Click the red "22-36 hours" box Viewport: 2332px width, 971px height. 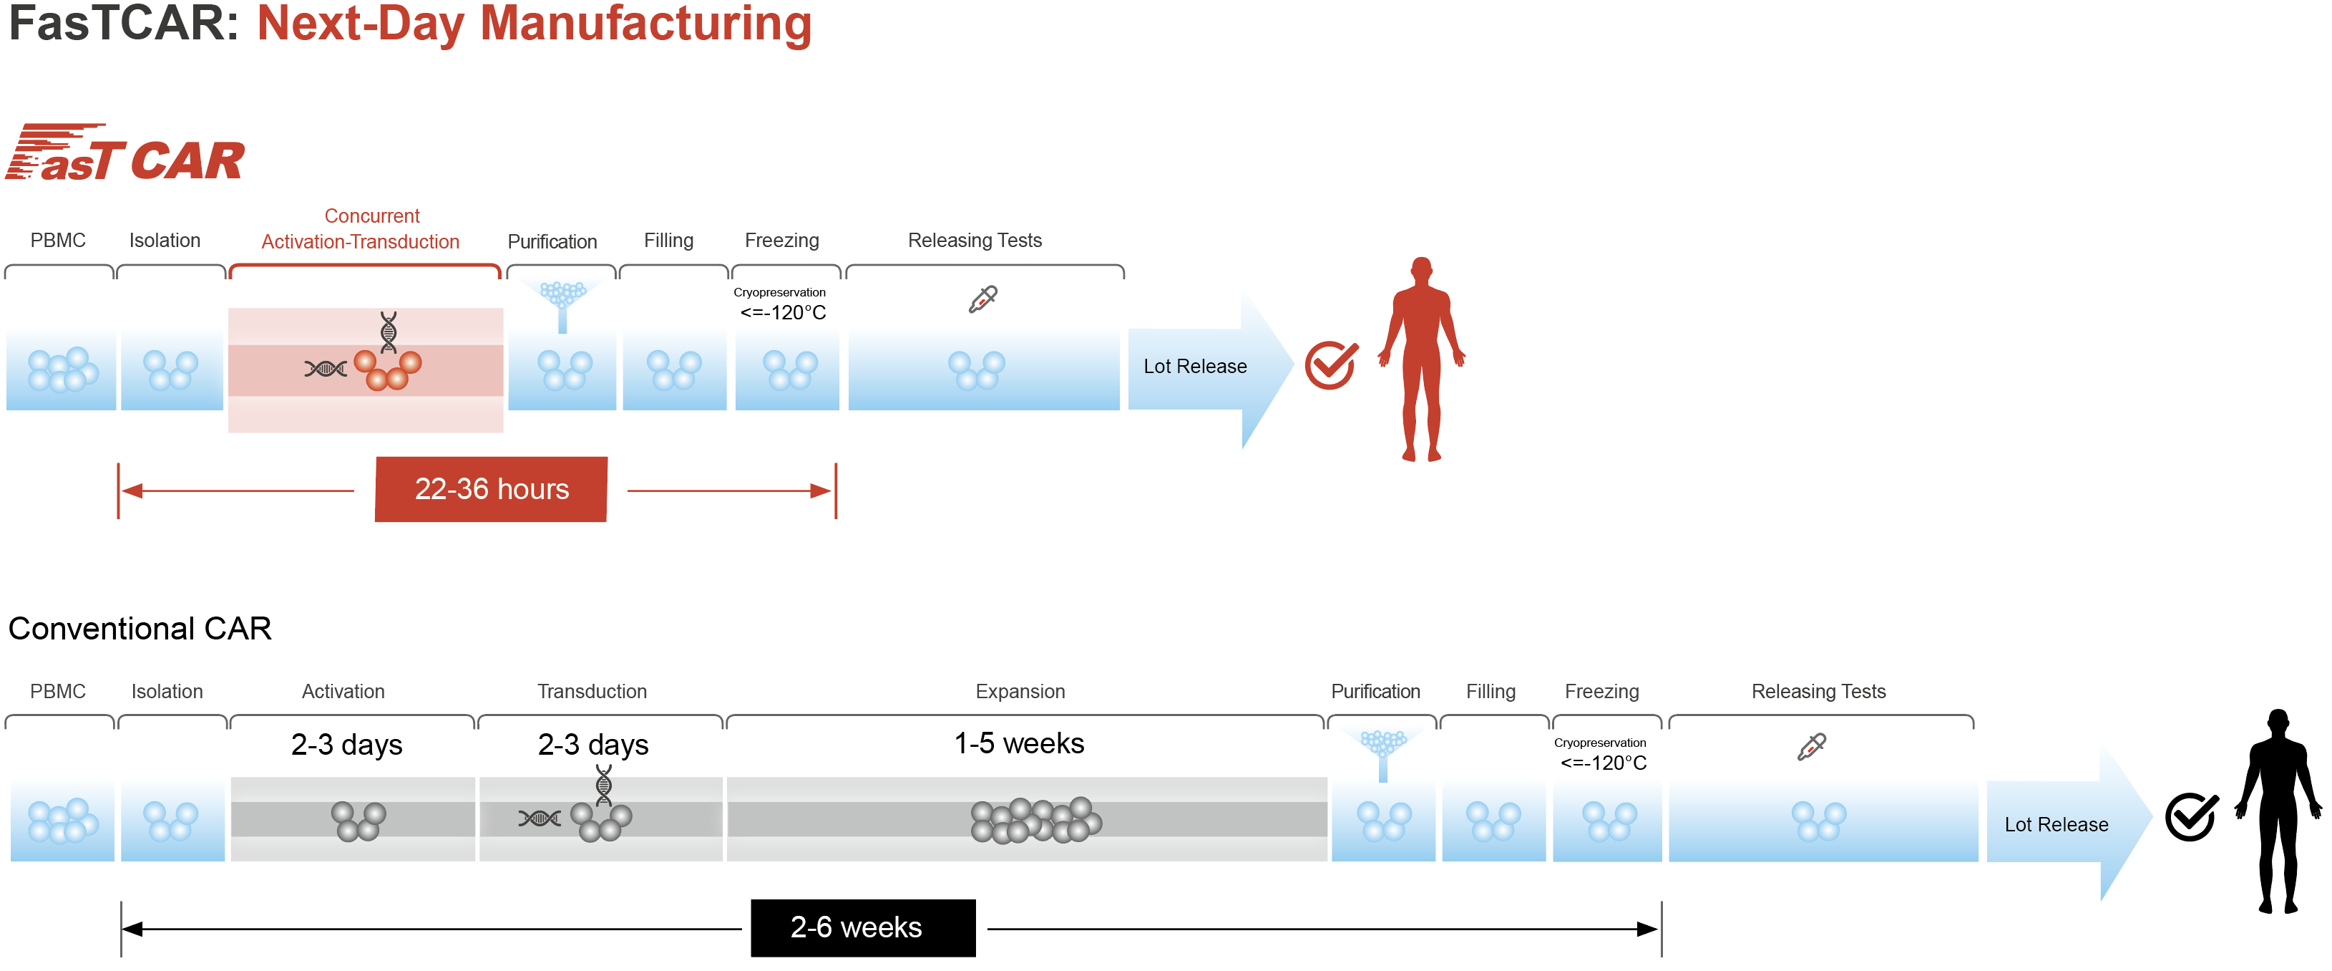[x=491, y=489]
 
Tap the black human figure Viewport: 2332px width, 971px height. [x=2278, y=811]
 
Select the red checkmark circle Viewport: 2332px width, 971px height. [x=1330, y=365]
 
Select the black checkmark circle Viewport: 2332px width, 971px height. [x=2191, y=816]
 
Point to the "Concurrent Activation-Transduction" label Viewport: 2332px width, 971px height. [x=361, y=229]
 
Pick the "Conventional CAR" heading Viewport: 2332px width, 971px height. [x=140, y=629]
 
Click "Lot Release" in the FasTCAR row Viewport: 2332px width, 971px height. [x=1194, y=366]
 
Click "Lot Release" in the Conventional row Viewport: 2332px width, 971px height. [x=2056, y=824]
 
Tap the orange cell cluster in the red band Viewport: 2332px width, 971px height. [x=387, y=369]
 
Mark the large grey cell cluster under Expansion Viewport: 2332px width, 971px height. [x=1035, y=821]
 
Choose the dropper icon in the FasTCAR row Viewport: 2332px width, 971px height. [x=982, y=299]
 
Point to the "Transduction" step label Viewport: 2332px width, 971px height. [x=592, y=691]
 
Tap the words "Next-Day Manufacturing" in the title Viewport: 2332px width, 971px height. [x=534, y=24]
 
